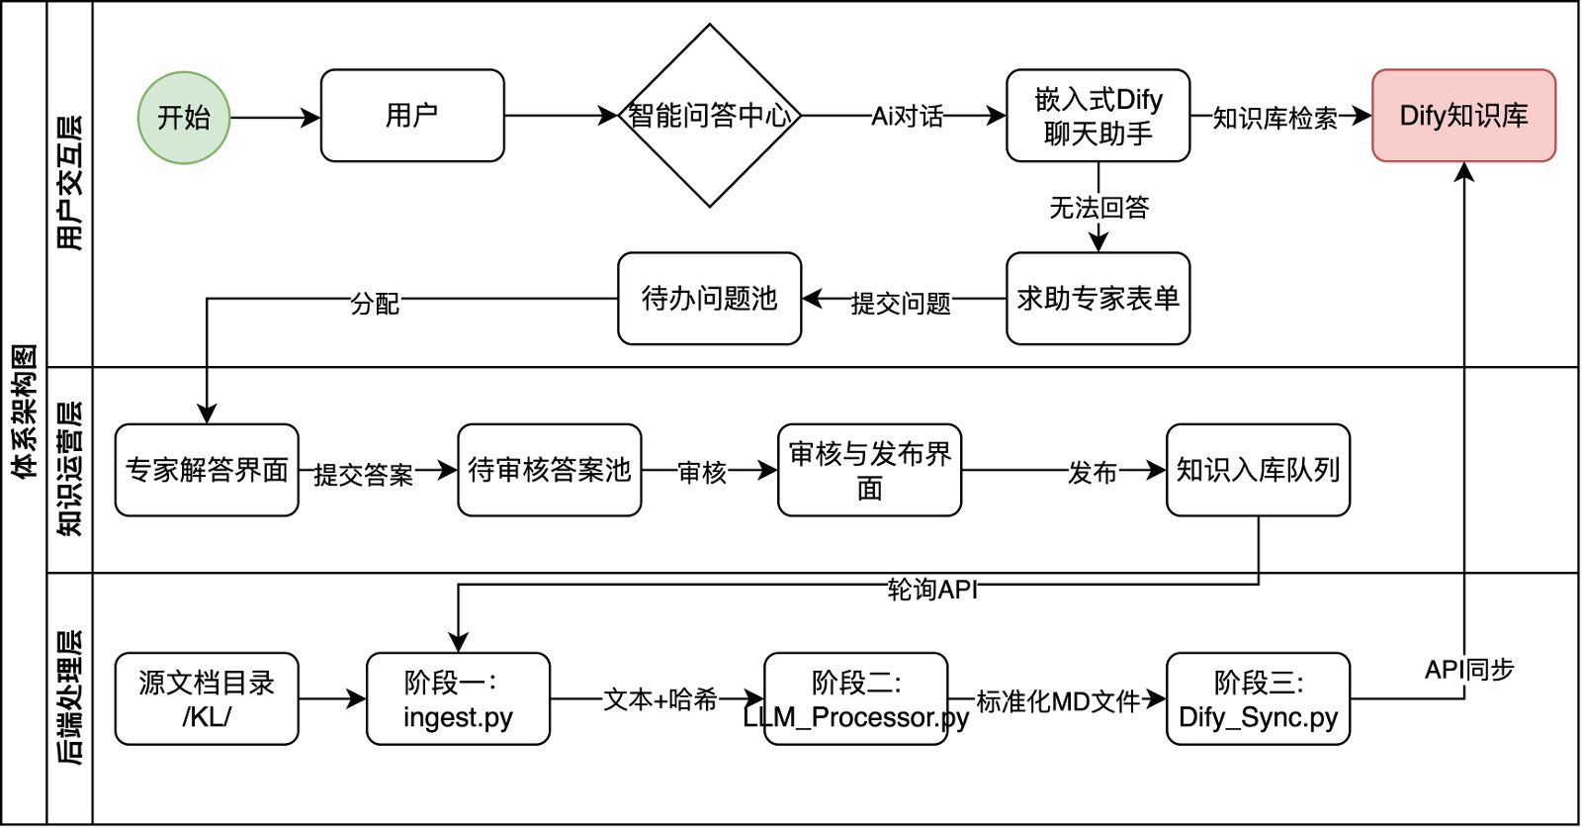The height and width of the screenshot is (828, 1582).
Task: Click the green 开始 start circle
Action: click(184, 118)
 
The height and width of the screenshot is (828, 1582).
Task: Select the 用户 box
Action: click(412, 116)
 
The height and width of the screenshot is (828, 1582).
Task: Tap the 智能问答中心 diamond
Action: click(709, 116)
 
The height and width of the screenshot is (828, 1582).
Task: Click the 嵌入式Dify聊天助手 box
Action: click(1098, 116)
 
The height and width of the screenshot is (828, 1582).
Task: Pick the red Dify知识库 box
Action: click(1463, 116)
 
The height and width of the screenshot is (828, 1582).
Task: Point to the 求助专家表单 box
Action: click(1098, 299)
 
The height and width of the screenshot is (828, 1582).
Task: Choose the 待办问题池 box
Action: click(709, 299)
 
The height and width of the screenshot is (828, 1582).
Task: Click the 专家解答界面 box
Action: click(207, 470)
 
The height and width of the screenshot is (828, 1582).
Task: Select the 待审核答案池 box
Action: click(550, 470)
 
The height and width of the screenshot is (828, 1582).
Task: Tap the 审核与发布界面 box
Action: click(869, 470)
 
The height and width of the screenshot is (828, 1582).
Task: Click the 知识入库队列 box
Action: click(1258, 470)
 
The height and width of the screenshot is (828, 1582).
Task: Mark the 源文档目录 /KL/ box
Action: click(207, 698)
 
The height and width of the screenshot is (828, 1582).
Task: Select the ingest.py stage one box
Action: click(458, 698)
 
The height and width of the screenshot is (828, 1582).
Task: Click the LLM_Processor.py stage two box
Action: click(856, 698)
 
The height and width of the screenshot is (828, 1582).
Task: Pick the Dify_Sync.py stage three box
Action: click(1258, 698)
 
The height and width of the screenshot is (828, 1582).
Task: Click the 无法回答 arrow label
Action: click(1099, 208)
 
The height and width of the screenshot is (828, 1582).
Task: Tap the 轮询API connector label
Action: click(932, 590)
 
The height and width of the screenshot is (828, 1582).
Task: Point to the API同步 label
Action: click(1468, 670)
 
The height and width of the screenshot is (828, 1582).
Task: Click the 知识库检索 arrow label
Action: click(1274, 119)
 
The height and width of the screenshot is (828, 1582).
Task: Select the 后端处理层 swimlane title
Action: click(70, 697)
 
